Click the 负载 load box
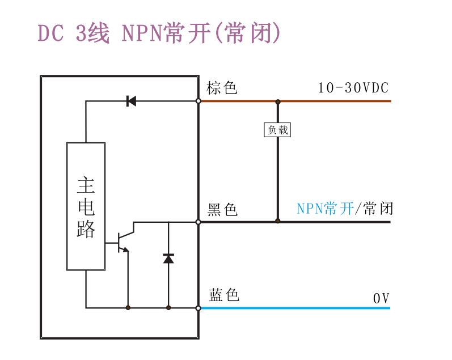coord(277,130)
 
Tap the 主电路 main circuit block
coord(86,206)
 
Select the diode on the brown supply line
coord(131,101)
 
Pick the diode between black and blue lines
coord(168,259)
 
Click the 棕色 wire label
coord(222,88)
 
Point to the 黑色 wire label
coord(222,210)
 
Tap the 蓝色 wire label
coord(224,295)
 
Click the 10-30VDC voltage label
coord(353,88)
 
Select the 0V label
coord(381,298)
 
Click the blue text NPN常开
coord(326,209)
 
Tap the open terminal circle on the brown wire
coord(198,101)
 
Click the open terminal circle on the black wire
coord(198,222)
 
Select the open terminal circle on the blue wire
coord(198,308)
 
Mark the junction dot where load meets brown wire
coord(277,101)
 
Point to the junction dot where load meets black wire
coord(277,221)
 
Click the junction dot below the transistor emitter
coord(128,308)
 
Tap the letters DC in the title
coord(50,33)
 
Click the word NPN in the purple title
coord(142,33)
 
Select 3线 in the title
coord(92,33)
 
